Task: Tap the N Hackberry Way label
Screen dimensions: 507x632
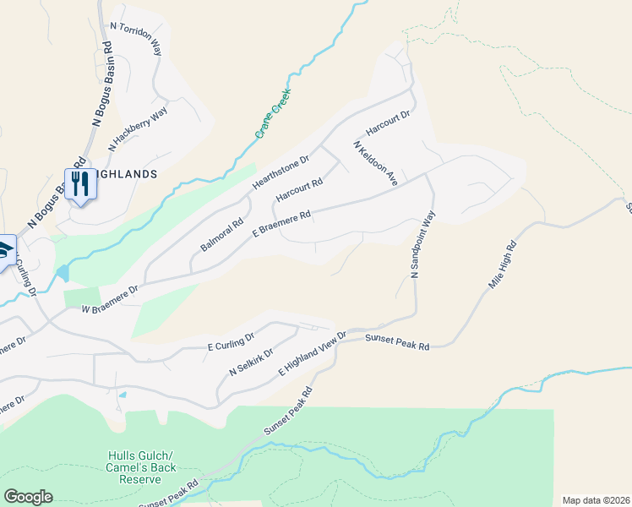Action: (139, 129)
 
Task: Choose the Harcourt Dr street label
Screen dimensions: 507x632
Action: (387, 122)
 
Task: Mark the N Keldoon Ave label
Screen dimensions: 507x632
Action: (375, 162)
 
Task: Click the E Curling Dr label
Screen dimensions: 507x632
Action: (231, 342)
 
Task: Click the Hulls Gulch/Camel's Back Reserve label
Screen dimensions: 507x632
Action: (133, 466)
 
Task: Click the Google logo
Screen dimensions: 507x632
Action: (28, 497)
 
